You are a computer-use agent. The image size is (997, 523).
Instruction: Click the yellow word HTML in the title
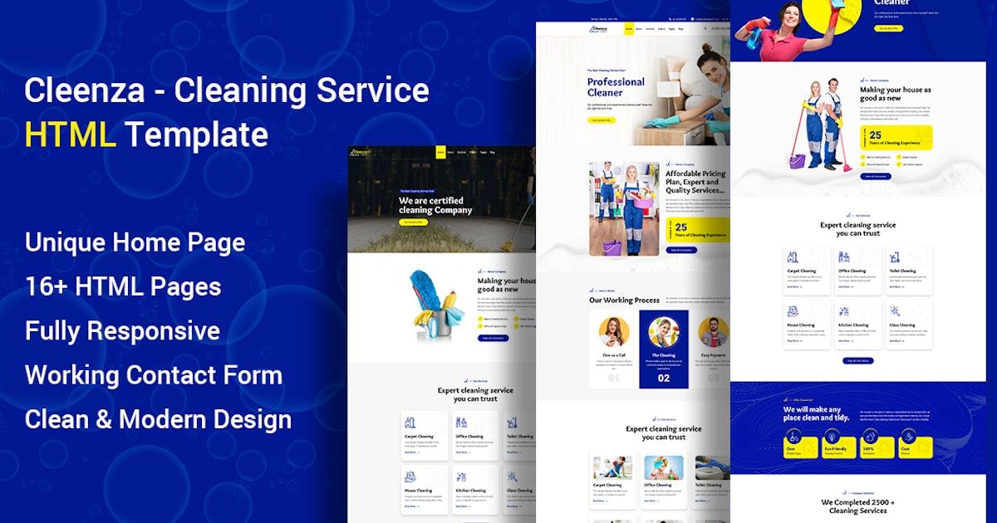tap(70, 134)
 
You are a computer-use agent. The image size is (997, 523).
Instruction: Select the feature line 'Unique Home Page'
tap(135, 242)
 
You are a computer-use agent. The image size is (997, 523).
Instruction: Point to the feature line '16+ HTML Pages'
tap(123, 286)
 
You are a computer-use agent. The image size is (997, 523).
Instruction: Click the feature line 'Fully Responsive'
tap(122, 330)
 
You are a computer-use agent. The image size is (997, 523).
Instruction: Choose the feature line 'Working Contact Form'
tap(154, 375)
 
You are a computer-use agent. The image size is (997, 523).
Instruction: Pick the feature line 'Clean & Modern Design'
tap(158, 419)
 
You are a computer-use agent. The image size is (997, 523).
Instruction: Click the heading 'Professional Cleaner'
tap(616, 87)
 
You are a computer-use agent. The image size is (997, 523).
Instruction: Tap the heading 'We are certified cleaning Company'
tap(435, 205)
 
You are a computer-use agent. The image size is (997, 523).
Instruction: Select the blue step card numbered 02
tap(663, 349)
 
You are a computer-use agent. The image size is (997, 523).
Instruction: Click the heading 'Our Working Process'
tap(624, 301)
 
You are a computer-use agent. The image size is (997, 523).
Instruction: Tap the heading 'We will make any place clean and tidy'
tap(812, 413)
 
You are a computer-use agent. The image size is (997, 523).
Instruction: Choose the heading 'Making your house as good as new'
tap(895, 94)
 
